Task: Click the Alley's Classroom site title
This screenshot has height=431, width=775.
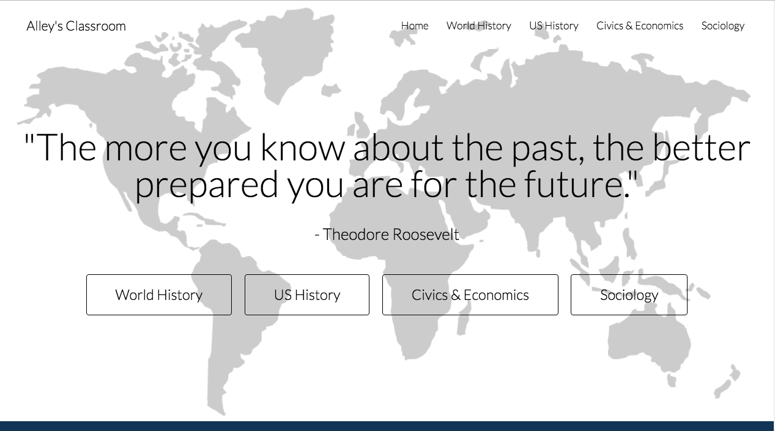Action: [x=76, y=26]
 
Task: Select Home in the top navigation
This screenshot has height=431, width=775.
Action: [x=415, y=26]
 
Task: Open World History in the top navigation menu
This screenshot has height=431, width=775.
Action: [x=478, y=26]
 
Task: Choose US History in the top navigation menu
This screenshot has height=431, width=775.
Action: [x=554, y=26]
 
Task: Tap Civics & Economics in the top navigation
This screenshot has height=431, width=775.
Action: [x=640, y=26]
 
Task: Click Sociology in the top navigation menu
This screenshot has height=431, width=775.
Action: [x=723, y=26]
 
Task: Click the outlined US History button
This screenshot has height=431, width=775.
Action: [x=307, y=294]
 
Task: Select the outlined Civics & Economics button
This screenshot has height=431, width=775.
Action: [x=470, y=294]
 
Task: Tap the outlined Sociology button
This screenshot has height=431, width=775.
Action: [x=629, y=294]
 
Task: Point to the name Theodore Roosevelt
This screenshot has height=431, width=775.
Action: [x=391, y=234]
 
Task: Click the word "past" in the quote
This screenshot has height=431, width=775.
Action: [x=548, y=148]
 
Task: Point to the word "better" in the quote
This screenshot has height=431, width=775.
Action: [x=702, y=147]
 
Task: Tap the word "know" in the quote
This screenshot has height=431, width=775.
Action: [x=303, y=147]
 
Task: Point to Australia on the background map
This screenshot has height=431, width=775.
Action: [x=648, y=343]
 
